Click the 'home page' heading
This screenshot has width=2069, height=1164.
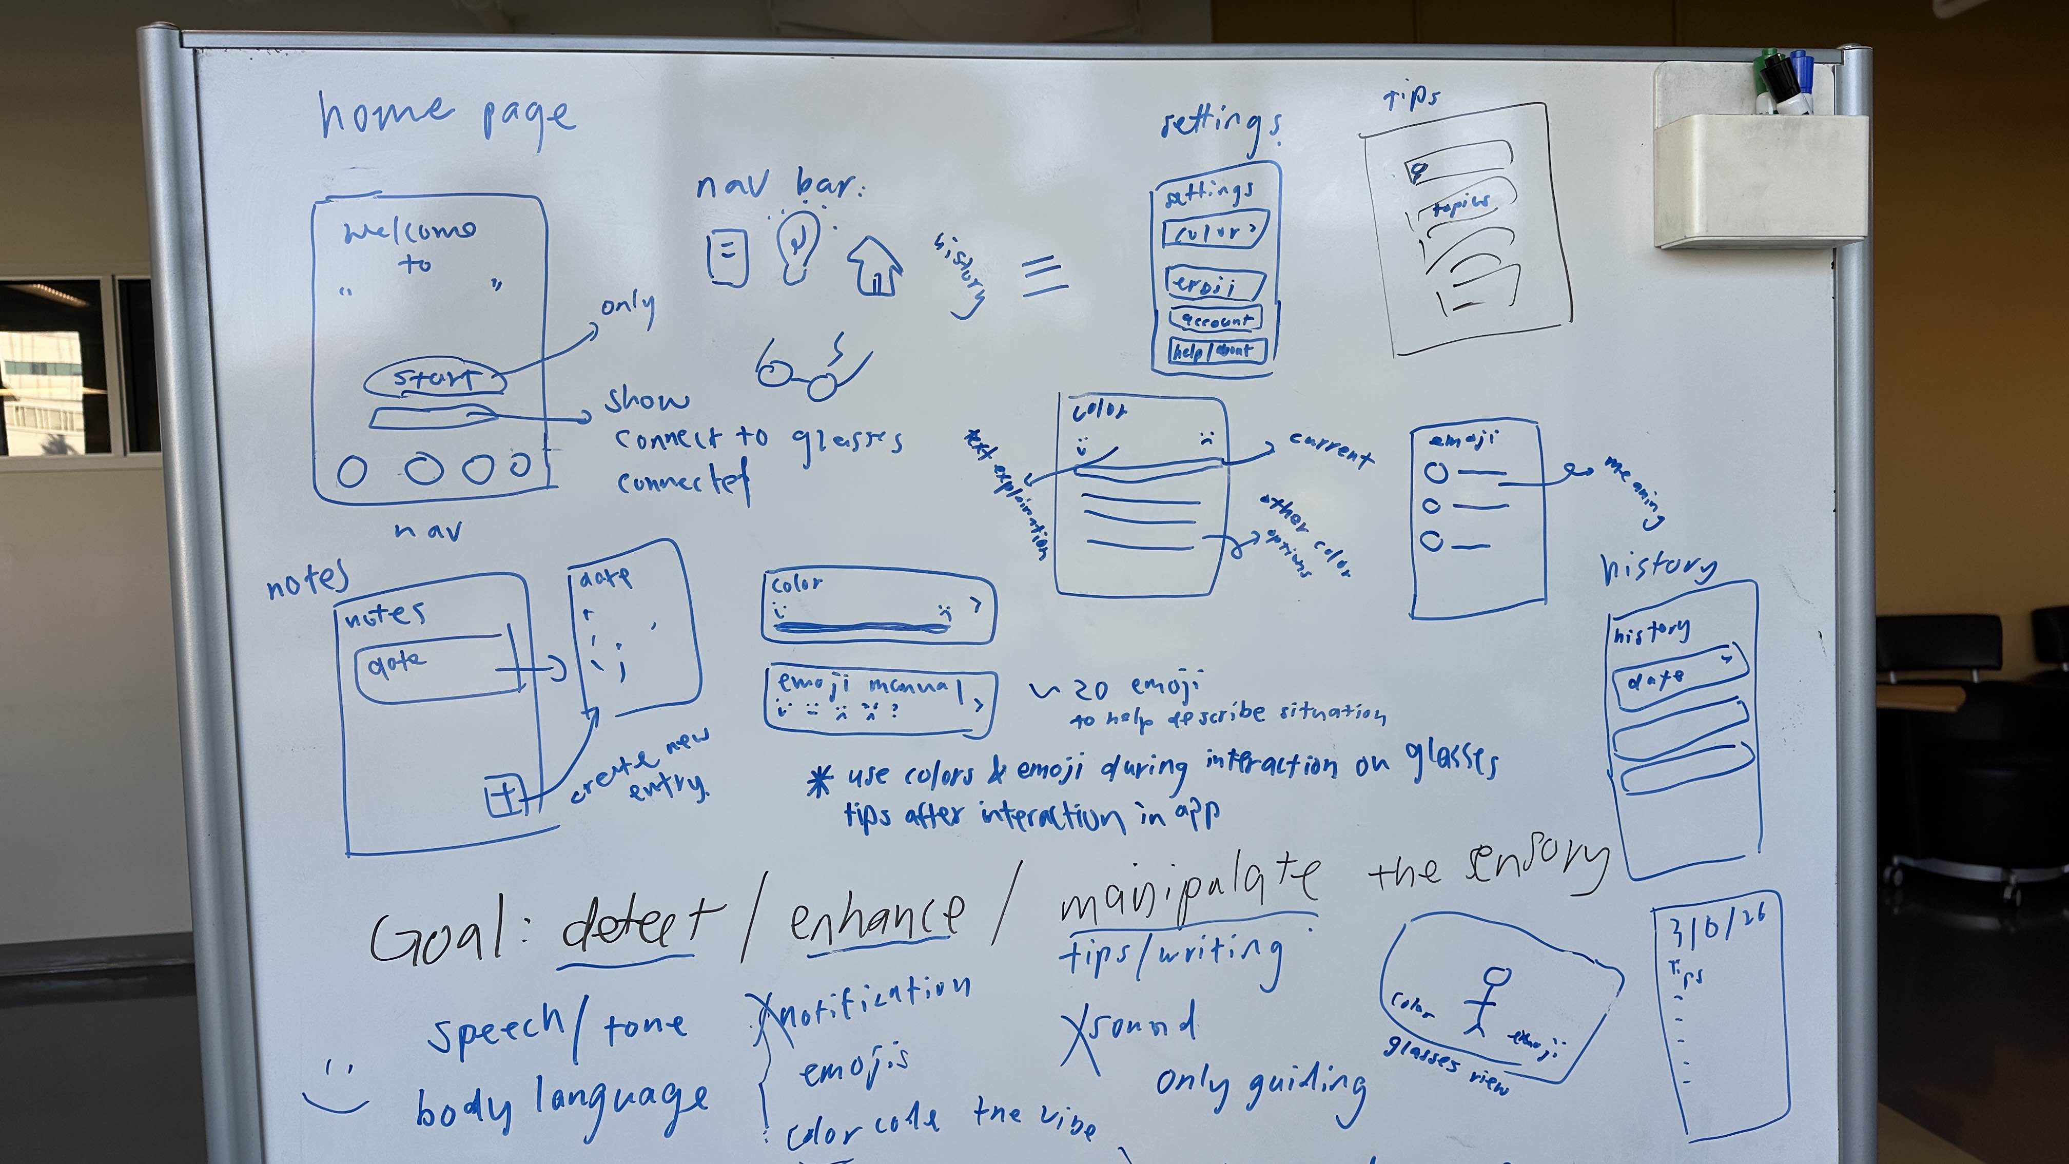pyautogui.click(x=446, y=118)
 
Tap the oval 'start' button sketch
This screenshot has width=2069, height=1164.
pyautogui.click(x=435, y=379)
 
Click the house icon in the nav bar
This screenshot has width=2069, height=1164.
pyautogui.click(x=874, y=266)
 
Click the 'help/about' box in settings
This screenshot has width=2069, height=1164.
pyautogui.click(x=1217, y=350)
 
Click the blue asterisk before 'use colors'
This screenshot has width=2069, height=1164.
pyautogui.click(x=818, y=780)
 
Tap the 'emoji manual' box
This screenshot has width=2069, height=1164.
pyautogui.click(x=880, y=700)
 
